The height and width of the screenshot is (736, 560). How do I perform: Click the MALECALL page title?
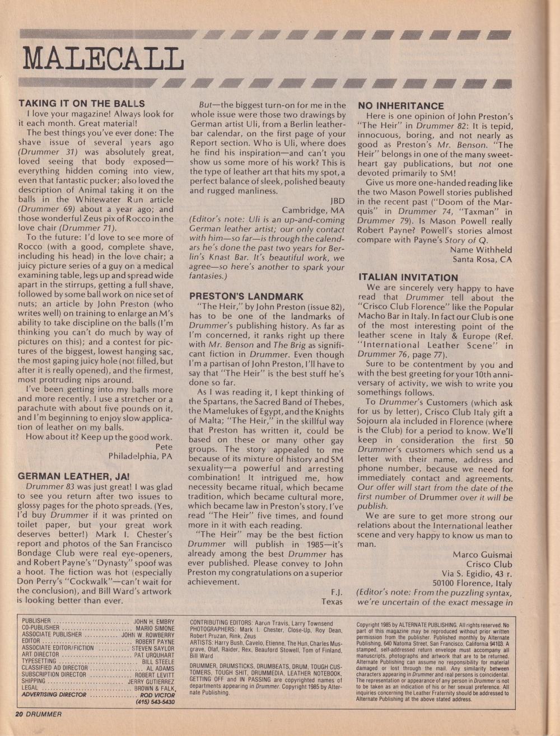[104, 58]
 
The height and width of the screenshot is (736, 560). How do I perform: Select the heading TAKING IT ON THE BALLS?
[82, 104]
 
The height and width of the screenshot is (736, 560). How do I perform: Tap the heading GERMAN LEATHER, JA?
[74, 476]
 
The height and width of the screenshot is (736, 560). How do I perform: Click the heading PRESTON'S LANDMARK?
[246, 297]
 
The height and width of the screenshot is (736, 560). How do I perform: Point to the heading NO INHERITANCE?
[401, 106]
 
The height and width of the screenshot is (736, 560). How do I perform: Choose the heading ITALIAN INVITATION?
[408, 278]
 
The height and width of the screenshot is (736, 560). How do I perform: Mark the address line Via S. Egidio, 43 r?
[478, 574]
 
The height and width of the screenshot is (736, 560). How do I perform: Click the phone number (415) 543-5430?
[155, 702]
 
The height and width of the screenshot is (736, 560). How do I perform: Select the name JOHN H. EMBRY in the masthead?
[154, 621]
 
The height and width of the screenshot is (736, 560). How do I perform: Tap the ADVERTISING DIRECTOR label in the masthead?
[54, 695]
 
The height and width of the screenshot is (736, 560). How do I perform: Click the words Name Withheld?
[481, 250]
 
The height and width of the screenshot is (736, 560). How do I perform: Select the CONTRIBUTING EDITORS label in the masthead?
[222, 622]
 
